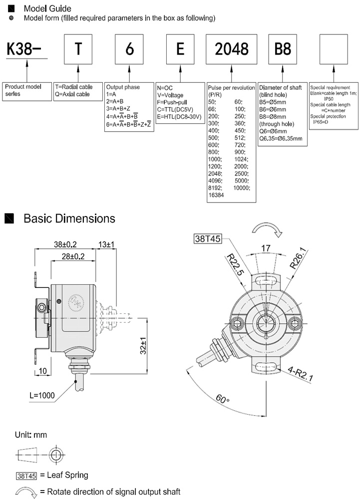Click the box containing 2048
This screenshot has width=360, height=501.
point(231,48)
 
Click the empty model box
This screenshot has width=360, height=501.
point(333,48)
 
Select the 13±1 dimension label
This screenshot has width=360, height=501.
point(106,245)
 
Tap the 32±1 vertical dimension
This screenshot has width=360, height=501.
point(143,345)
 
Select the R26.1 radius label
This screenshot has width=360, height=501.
point(295,260)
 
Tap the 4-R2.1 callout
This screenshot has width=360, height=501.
point(300,374)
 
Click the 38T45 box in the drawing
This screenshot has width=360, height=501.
point(207,239)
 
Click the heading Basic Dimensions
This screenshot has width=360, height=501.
point(69,219)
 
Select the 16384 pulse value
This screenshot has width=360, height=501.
point(217,196)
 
